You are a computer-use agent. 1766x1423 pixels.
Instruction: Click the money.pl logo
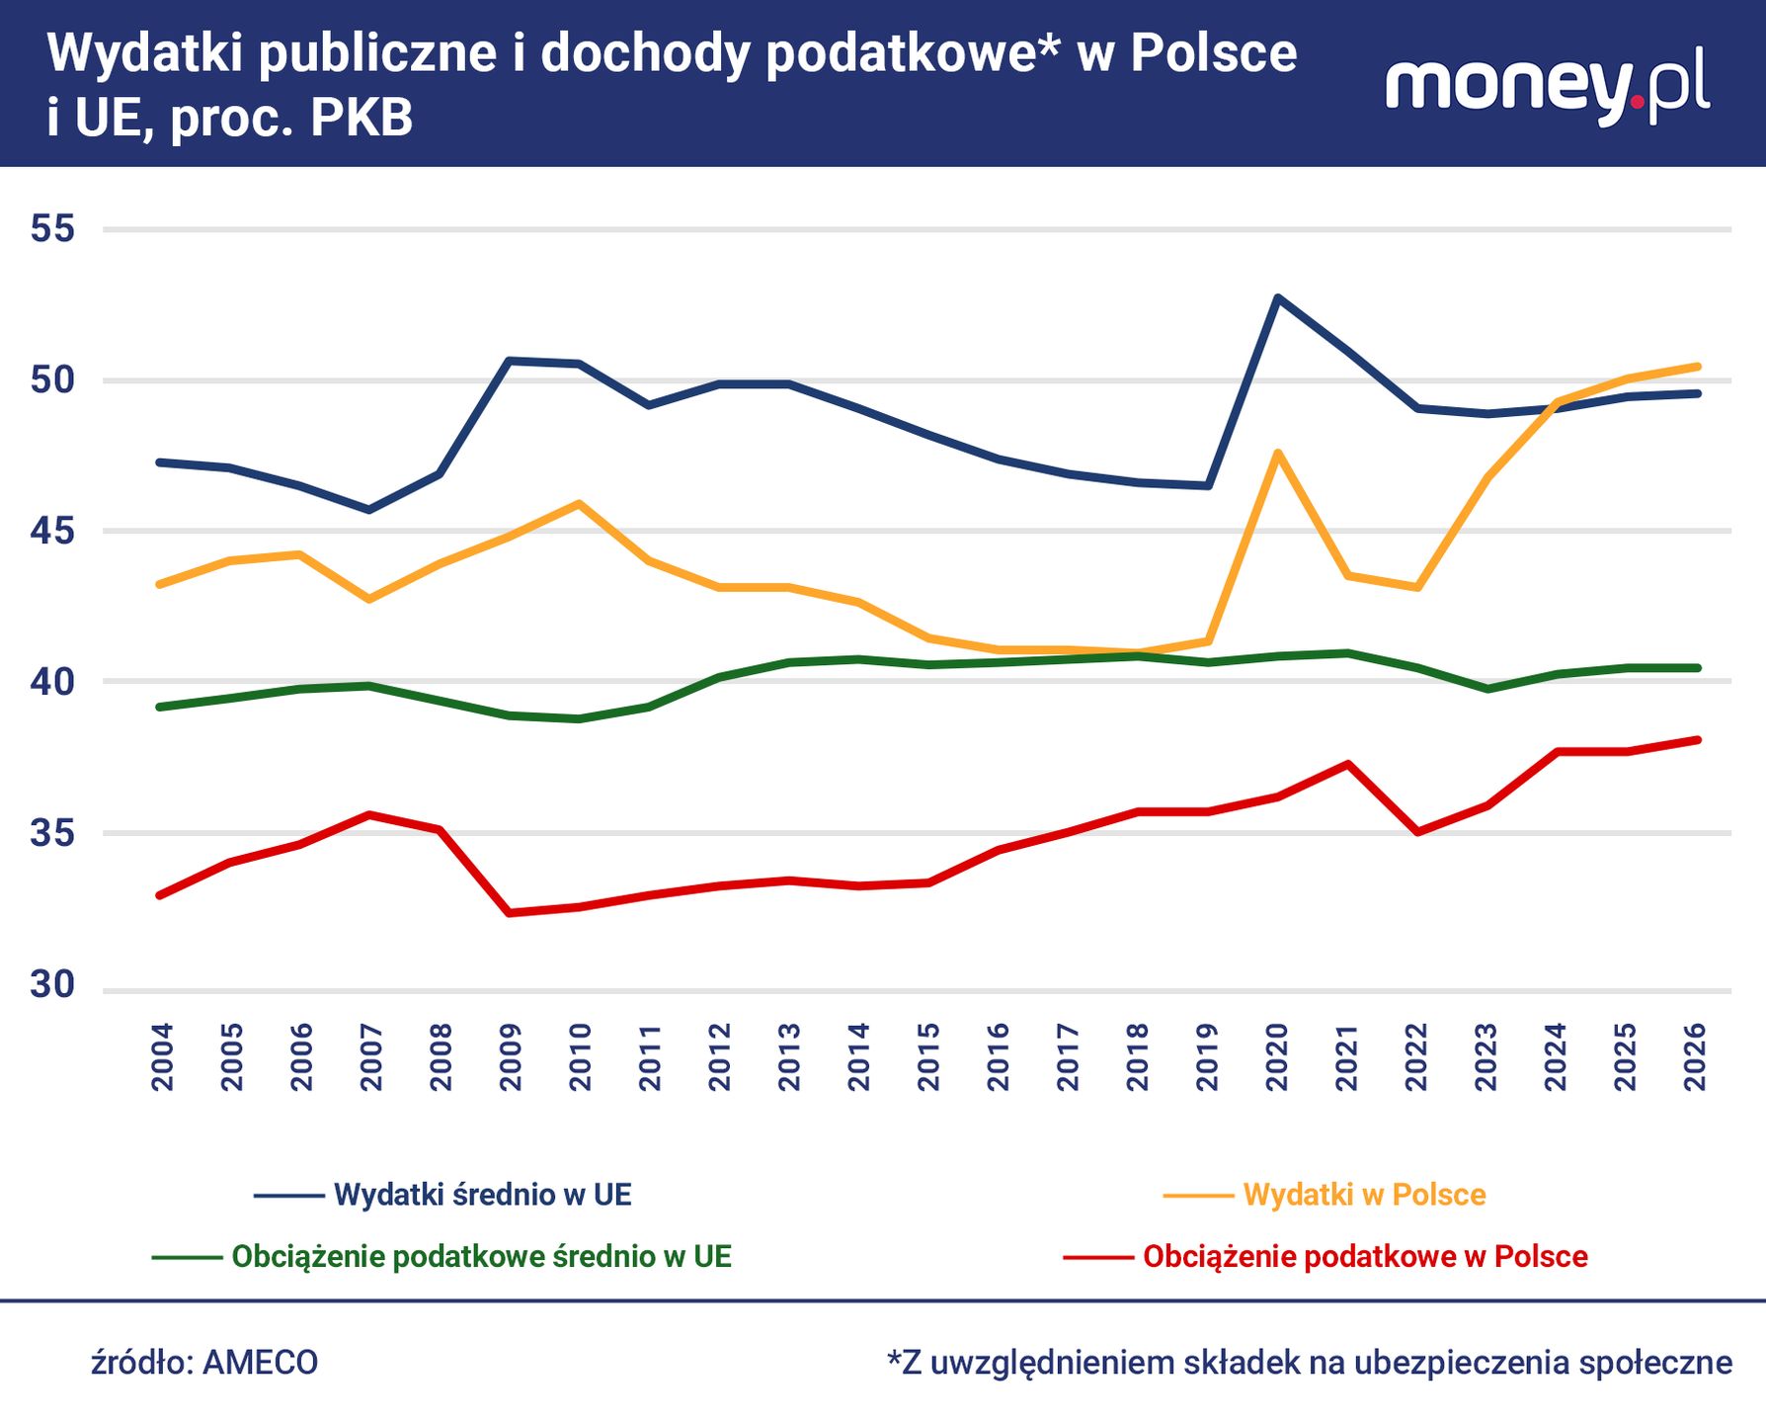pos(1547,85)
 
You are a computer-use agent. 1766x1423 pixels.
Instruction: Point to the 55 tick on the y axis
pos(52,229)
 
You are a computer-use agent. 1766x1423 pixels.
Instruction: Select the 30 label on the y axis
pos(52,984)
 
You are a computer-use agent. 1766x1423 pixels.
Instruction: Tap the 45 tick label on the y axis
pos(52,532)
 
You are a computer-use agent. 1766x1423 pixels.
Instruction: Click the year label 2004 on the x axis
pos(163,1056)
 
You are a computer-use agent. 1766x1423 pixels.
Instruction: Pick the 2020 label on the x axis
pos(1277,1056)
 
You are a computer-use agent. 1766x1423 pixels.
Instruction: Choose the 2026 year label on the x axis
pos(1695,1056)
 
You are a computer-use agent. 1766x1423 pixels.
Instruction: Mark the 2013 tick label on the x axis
pos(789,1056)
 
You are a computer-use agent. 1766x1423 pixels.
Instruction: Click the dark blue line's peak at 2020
pos(1277,297)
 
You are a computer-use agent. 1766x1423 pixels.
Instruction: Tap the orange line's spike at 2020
pos(1277,454)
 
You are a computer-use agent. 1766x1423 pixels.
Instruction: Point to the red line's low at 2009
pos(510,913)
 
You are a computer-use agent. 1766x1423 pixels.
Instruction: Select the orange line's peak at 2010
pos(579,504)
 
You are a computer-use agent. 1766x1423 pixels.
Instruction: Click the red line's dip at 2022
pos(1417,832)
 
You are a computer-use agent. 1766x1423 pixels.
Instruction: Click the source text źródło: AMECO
pos(204,1363)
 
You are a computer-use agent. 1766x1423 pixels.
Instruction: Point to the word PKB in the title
pos(361,118)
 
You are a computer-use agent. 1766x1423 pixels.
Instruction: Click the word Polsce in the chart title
pos(1213,53)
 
